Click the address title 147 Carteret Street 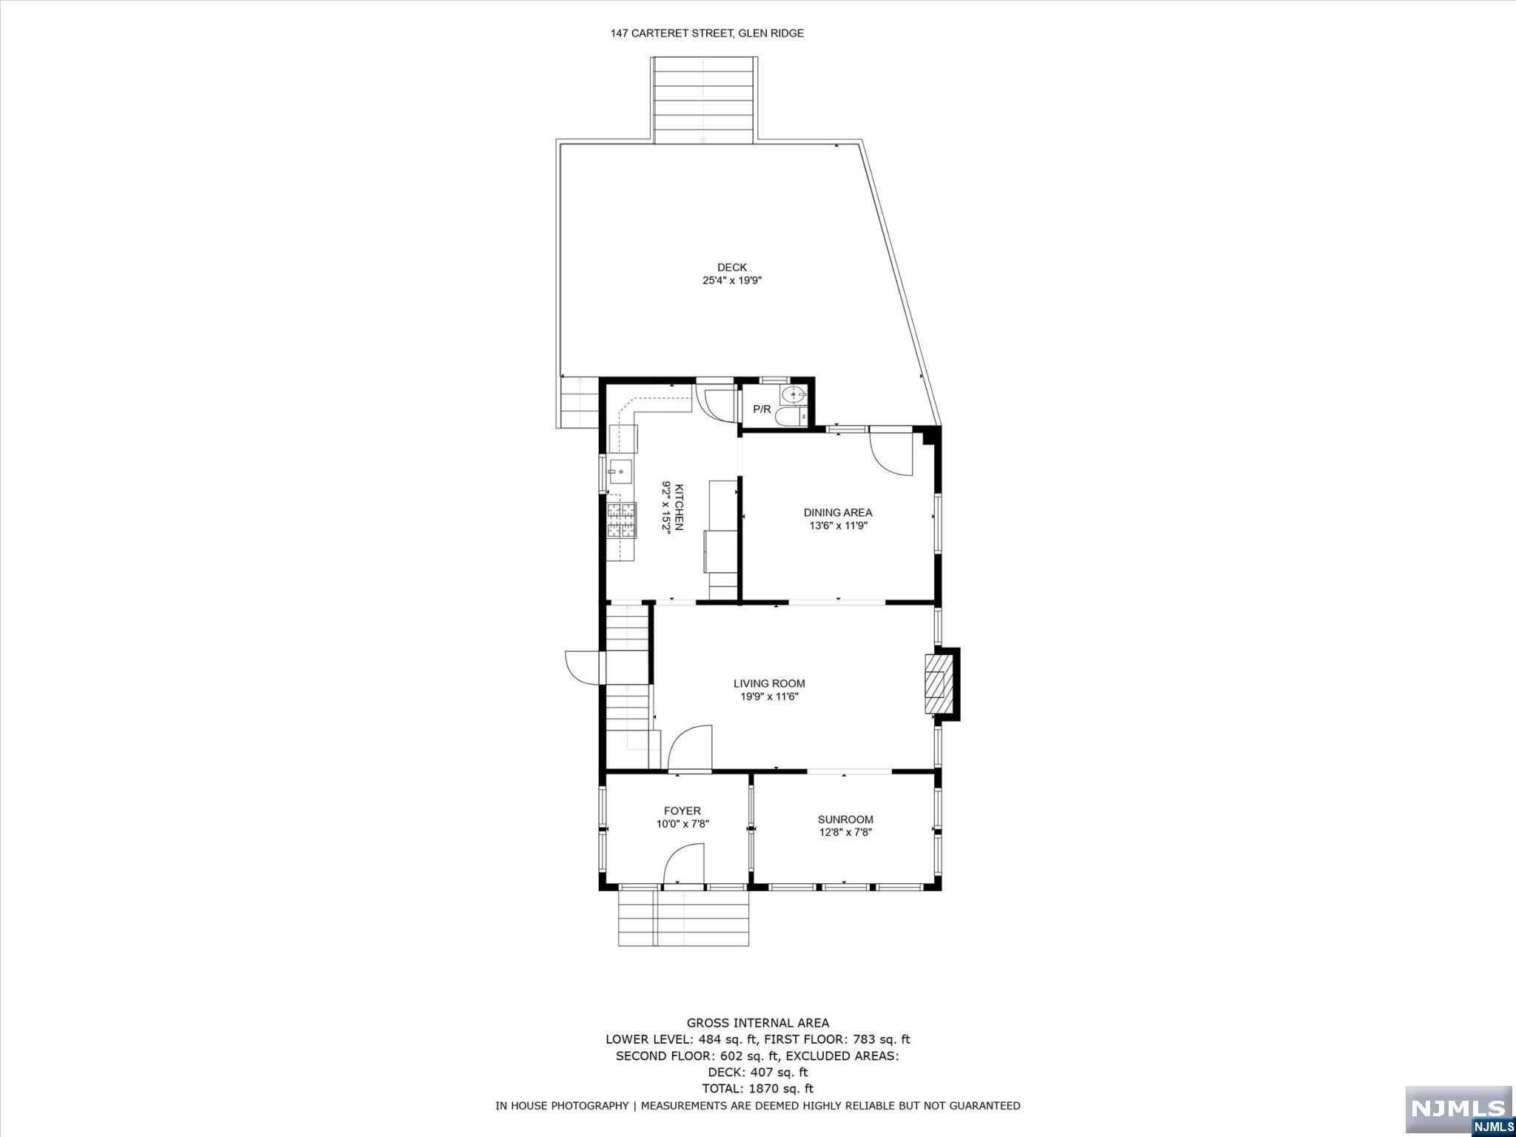(706, 33)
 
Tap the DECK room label (731, 267)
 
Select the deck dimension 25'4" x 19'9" (731, 281)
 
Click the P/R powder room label (762, 409)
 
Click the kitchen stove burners (622, 520)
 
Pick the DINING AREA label (838, 512)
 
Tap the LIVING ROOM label (769, 683)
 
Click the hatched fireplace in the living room (938, 684)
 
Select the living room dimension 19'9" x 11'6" (769, 697)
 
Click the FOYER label (682, 811)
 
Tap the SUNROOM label (845, 819)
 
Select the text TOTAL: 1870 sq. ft (757, 1088)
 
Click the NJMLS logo (1458, 1108)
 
